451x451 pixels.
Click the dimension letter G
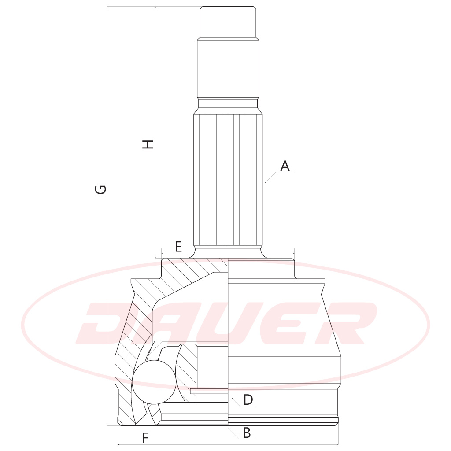pyautogui.click(x=100, y=189)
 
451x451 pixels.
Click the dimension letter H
pyautogui.click(x=148, y=144)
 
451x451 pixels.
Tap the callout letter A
pyautogui.click(x=285, y=166)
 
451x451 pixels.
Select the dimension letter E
pyautogui.click(x=178, y=247)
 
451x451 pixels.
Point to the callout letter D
pyautogui.click(x=248, y=400)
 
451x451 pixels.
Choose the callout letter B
pyautogui.click(x=247, y=433)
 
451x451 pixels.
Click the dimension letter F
pyautogui.click(x=145, y=438)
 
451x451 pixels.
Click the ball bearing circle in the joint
pyautogui.click(x=154, y=382)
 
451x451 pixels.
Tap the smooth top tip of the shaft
pyautogui.click(x=228, y=22)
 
